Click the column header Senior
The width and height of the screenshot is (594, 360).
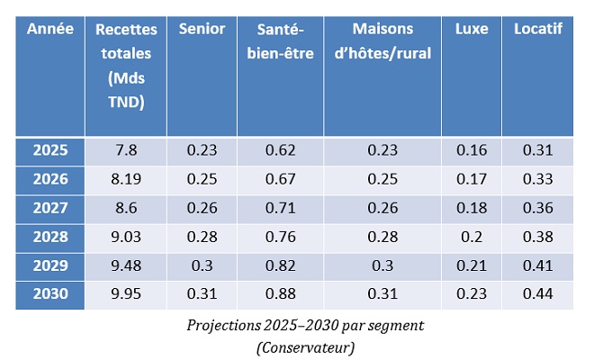tap(202, 29)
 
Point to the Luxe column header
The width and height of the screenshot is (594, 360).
tap(471, 29)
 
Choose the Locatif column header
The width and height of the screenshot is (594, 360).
tap(537, 29)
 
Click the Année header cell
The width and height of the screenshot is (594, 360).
tap(49, 29)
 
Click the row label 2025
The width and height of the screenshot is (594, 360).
tap(49, 150)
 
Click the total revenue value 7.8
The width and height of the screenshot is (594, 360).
tap(126, 150)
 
